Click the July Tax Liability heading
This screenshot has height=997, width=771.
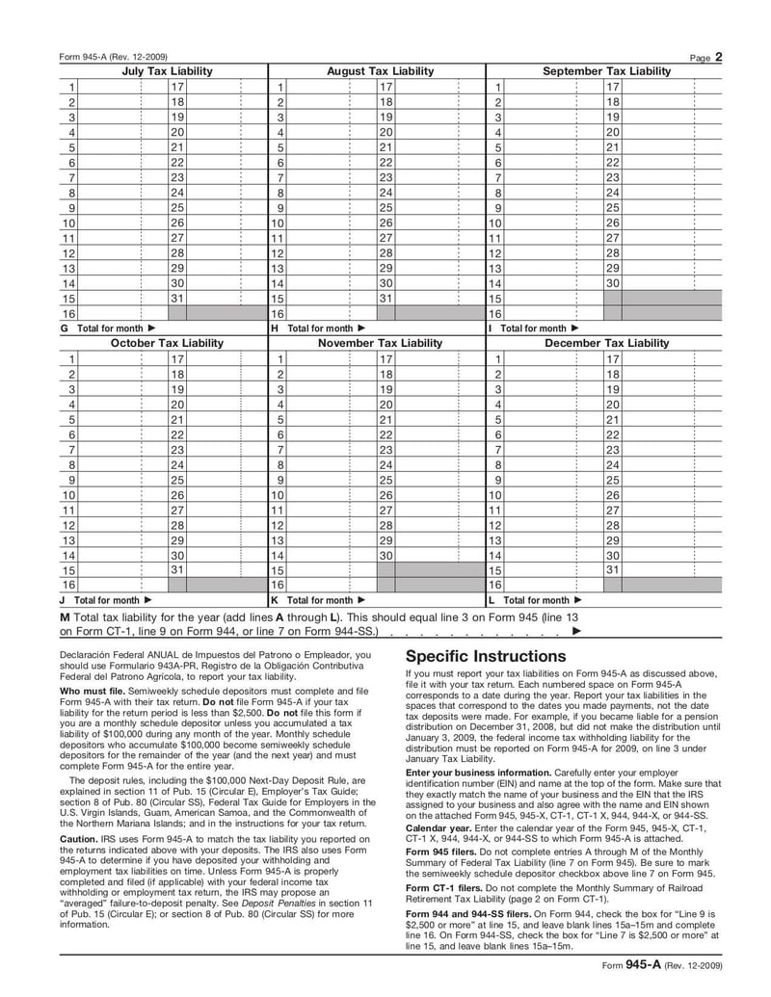pos(167,71)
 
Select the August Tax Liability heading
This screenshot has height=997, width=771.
pos(381,71)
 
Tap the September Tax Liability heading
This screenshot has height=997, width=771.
pos(606,71)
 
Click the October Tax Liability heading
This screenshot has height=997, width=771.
pos(167,343)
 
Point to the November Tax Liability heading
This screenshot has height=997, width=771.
pos(381,343)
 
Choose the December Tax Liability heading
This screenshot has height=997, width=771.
pos(606,343)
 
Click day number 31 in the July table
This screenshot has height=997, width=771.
pos(177,298)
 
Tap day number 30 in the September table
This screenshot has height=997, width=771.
pos(612,282)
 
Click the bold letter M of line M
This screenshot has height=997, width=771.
pos(65,616)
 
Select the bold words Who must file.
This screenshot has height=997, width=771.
pos(92,692)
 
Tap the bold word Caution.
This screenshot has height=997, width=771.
pos(79,838)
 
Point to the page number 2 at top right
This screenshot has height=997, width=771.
pos(719,57)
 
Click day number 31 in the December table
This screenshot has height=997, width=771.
pos(612,569)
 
